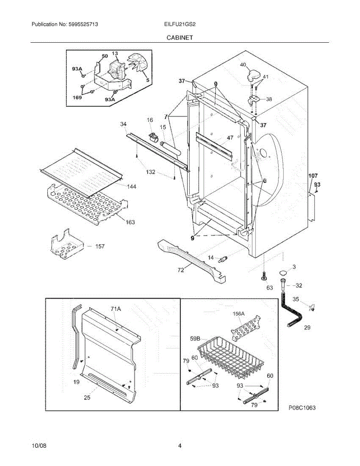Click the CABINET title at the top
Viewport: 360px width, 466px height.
point(180,38)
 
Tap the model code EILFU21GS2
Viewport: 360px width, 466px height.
point(179,24)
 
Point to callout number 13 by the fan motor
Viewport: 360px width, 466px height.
point(115,53)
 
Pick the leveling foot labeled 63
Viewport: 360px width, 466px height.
point(264,276)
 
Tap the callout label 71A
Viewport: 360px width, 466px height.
point(115,309)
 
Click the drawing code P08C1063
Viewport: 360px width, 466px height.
point(302,408)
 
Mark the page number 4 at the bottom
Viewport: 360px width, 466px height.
point(180,446)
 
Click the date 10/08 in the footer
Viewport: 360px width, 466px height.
point(38,446)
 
